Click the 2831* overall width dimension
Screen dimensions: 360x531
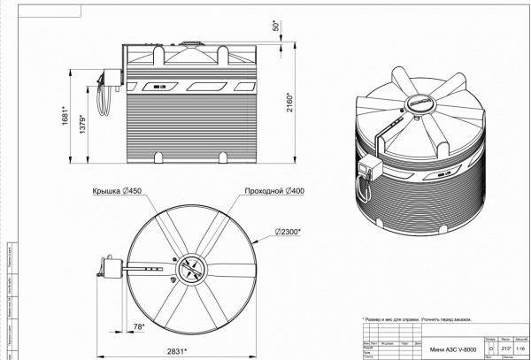click(179, 351)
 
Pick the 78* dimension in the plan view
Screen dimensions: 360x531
click(138, 326)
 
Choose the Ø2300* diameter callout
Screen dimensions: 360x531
click(288, 232)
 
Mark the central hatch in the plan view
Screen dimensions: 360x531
click(191, 269)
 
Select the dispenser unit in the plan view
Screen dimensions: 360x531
click(112, 267)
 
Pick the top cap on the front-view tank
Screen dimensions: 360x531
click(190, 42)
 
